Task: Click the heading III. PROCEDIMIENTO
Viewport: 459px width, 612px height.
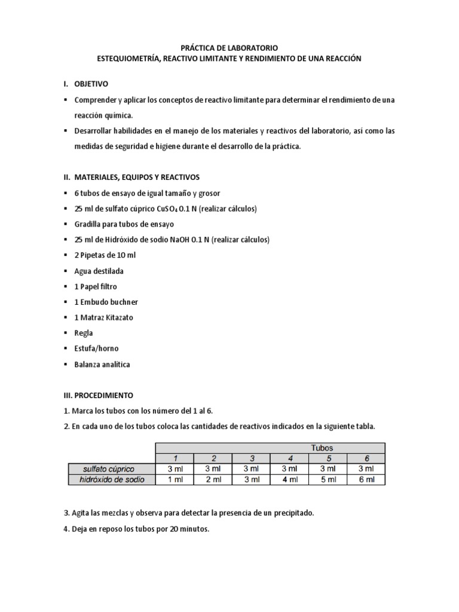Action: coord(100,395)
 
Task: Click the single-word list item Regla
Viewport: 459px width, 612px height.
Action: coord(83,333)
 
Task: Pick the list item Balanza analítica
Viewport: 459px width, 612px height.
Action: coord(102,364)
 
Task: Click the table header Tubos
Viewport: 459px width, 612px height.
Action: coord(322,447)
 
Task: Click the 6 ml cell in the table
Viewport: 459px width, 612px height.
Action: coord(366,479)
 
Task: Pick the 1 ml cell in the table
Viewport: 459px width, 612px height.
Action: coord(174,479)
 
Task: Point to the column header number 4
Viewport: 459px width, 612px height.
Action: coord(289,458)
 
